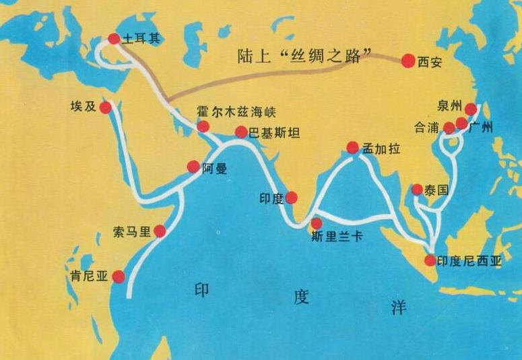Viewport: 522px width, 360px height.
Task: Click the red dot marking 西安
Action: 408,61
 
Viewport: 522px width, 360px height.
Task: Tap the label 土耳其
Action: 139,40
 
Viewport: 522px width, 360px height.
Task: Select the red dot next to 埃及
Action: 106,108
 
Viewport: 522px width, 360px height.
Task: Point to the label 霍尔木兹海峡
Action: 236,111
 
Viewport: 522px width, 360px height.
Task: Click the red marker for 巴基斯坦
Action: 240,132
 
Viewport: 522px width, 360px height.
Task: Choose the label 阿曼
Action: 214,169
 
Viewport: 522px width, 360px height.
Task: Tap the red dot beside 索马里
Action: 160,231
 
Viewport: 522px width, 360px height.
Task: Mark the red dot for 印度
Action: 291,198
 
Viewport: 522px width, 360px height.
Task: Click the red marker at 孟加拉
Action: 352,148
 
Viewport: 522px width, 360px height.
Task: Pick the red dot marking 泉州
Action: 471,109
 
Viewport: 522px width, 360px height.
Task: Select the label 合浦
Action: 428,127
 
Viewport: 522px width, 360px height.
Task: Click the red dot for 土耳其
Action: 114,39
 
